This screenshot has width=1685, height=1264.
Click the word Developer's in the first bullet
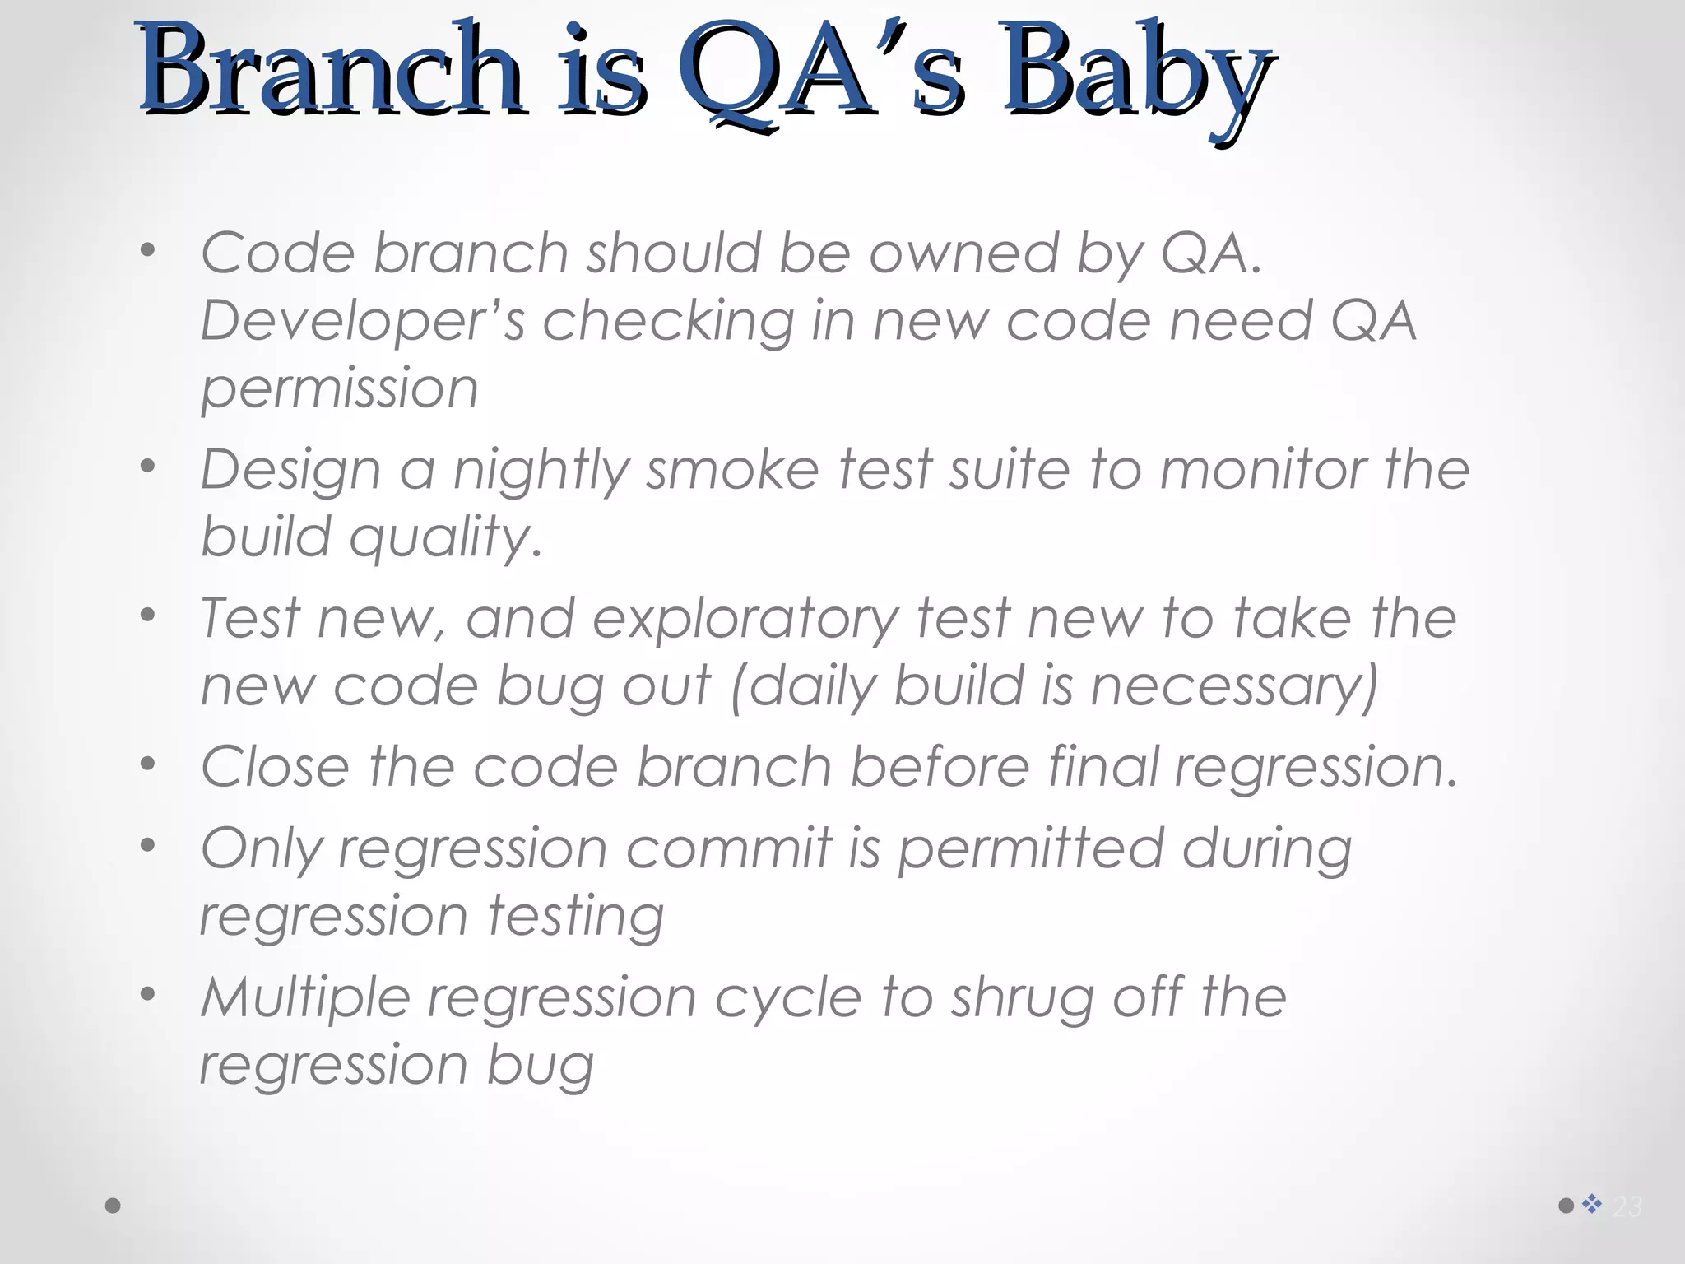tap(362, 321)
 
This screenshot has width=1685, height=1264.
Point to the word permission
tap(339, 389)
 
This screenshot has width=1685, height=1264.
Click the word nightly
tap(541, 472)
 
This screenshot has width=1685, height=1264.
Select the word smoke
tap(732, 470)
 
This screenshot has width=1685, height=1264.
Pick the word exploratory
tap(745, 620)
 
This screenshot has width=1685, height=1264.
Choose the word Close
tap(276, 768)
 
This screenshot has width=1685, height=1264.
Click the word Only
tap(261, 850)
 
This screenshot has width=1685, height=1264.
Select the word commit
tap(729, 848)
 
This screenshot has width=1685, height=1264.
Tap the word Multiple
tap(305, 998)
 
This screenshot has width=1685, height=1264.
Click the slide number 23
tap(1627, 1206)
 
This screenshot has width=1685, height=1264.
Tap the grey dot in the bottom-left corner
tap(114, 1206)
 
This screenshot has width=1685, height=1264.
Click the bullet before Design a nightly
tap(147, 467)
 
